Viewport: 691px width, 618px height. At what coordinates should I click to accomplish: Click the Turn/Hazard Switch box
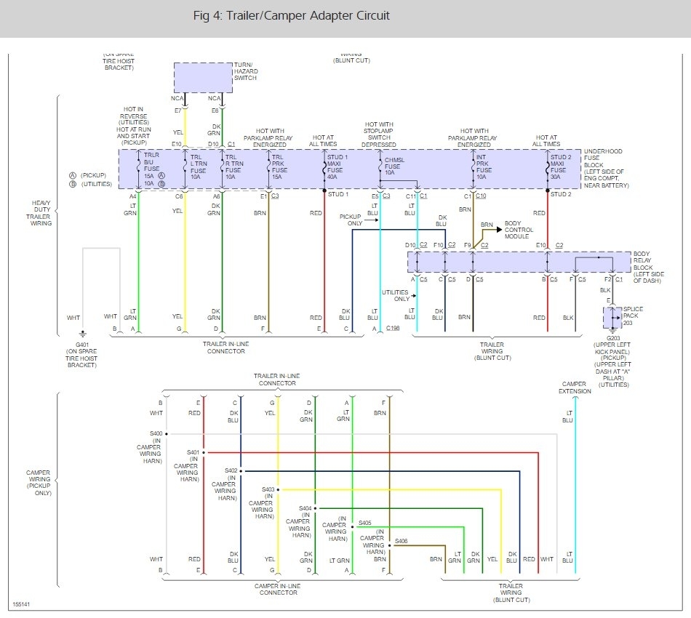click(x=203, y=77)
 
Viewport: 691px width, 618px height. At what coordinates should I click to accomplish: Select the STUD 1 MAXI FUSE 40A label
click(x=338, y=166)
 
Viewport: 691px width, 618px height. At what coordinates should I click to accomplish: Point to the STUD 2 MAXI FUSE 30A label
click(x=561, y=166)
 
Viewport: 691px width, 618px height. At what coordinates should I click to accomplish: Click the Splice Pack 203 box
click(x=612, y=317)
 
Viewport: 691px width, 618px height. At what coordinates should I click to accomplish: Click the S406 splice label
click(x=402, y=541)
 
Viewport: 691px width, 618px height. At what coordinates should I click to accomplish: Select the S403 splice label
click(x=268, y=489)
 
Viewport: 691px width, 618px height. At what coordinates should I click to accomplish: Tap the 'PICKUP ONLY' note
click(x=354, y=220)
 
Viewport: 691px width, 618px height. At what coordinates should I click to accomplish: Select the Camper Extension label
click(x=575, y=388)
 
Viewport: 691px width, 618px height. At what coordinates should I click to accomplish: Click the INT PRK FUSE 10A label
click(x=482, y=166)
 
